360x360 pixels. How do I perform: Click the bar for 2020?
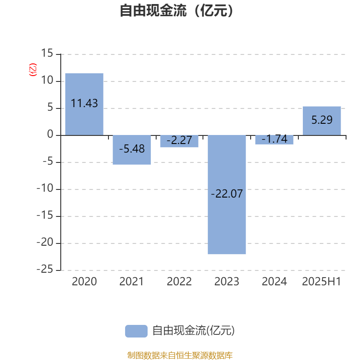point(84,104)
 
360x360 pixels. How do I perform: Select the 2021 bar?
point(132,150)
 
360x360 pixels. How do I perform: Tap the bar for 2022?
point(179,141)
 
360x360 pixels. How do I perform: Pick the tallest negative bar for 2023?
point(227,195)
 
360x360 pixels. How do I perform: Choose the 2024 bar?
point(274,140)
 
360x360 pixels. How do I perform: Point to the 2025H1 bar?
point(322,121)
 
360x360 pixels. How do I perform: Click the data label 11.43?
point(84,103)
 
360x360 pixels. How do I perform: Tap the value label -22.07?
point(227,194)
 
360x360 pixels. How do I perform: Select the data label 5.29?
point(322,120)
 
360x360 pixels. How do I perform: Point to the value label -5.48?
point(132,149)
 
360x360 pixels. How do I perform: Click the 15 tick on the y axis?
point(47,53)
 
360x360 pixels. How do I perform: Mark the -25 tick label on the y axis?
point(45,269)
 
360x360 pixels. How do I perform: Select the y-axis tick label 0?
point(50,134)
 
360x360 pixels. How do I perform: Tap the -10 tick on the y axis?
point(45,188)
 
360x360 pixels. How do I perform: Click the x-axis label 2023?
point(227,282)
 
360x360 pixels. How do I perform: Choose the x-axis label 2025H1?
point(321,282)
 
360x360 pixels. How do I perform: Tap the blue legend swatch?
point(136,331)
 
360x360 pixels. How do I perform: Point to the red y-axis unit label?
point(33,70)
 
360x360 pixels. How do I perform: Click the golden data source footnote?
point(180,355)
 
